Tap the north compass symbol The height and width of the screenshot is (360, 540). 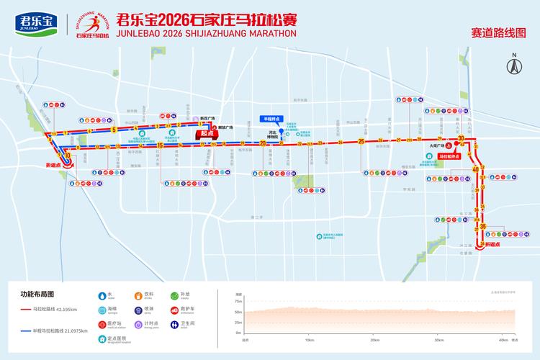(x=514, y=66)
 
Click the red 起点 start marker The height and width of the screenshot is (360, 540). (x=208, y=133)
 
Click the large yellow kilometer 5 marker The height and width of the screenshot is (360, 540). (x=114, y=130)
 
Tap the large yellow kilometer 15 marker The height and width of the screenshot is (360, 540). (x=160, y=145)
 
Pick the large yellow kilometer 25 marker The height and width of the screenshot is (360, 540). (x=361, y=141)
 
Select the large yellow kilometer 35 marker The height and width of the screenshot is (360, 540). (x=483, y=228)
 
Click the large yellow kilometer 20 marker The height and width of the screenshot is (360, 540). (x=264, y=144)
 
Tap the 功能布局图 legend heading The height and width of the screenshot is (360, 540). (x=35, y=294)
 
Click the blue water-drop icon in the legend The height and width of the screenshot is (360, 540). (x=101, y=295)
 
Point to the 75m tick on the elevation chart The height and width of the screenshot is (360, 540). (x=238, y=301)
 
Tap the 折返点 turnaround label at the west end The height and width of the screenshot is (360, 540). (x=54, y=165)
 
